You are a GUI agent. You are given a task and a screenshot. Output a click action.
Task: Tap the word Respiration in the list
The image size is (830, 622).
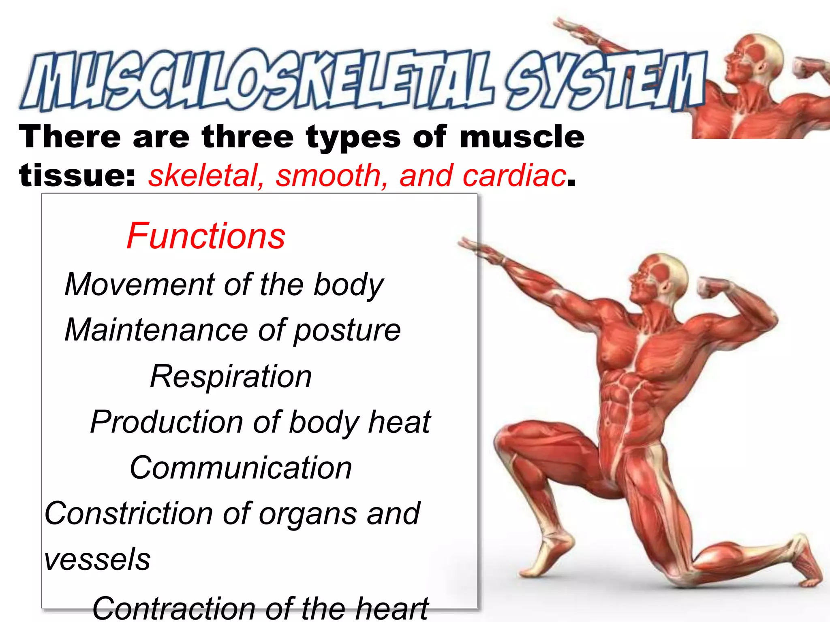coord(231,377)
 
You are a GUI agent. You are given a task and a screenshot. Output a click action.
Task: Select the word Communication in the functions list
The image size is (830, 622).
coord(241,468)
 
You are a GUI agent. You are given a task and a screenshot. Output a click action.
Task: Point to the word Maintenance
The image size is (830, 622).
coord(156,330)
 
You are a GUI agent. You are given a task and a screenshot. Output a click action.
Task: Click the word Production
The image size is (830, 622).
coord(166,422)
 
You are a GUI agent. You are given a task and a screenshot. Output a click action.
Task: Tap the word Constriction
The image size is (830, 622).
coord(128,513)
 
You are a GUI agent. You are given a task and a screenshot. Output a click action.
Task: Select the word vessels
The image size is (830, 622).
coord(97,560)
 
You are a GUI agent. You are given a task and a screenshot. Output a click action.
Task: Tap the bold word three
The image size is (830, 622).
coord(248,137)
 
